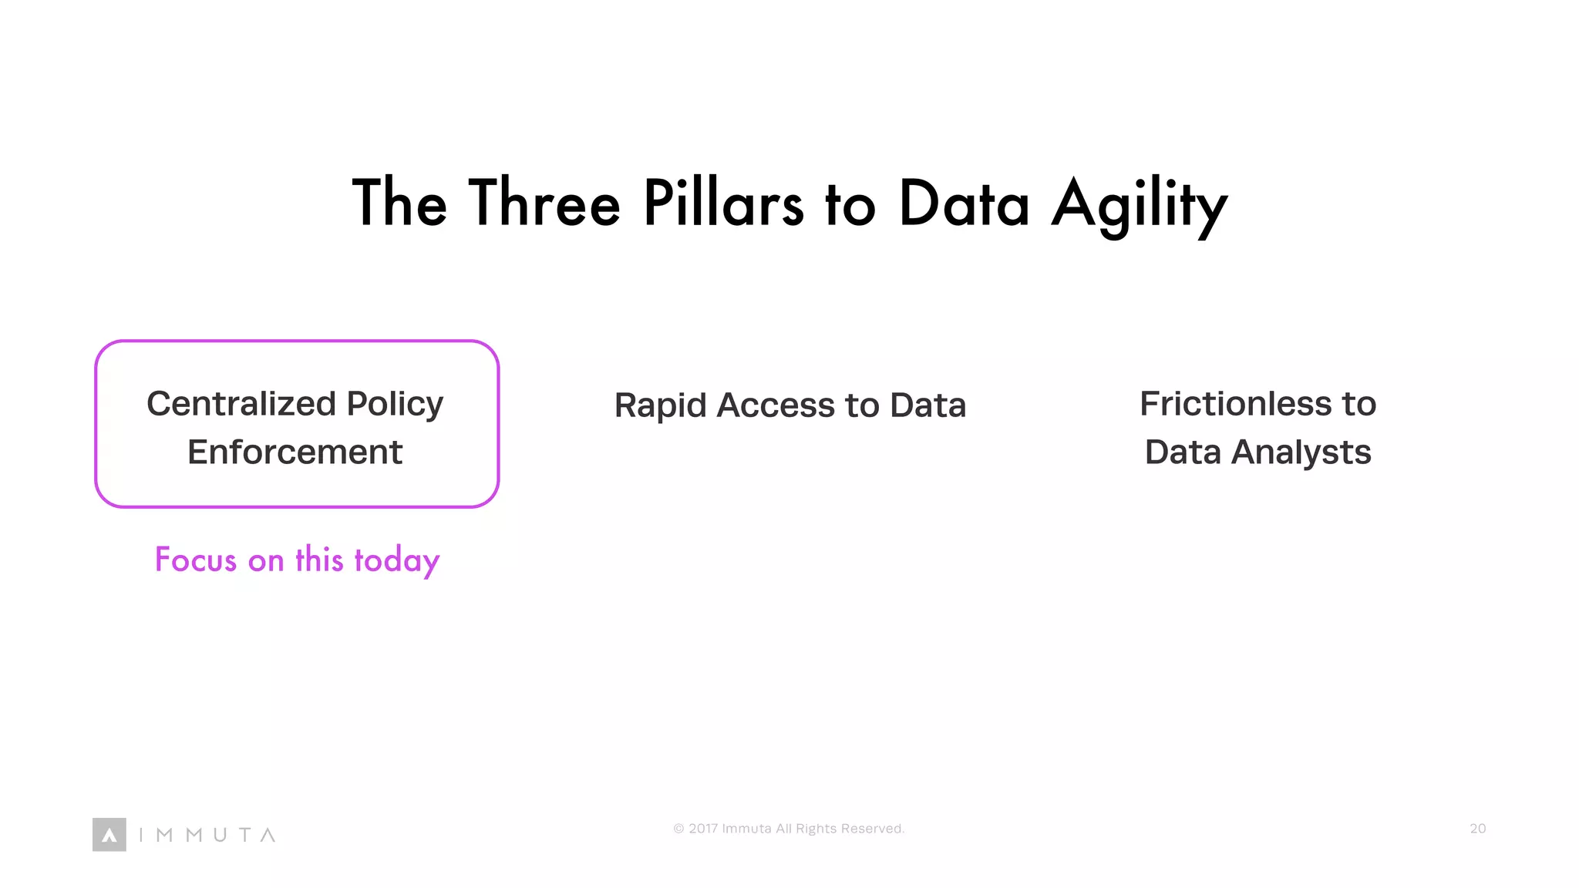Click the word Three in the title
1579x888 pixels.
pyautogui.click(x=544, y=203)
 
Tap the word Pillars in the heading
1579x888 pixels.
pyautogui.click(x=723, y=203)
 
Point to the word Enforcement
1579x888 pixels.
pyautogui.click(x=295, y=452)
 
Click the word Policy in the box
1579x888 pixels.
pyautogui.click(x=395, y=404)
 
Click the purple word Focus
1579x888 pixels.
pyautogui.click(x=196, y=560)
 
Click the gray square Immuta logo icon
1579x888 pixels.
pyautogui.click(x=109, y=835)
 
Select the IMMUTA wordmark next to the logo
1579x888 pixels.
pyautogui.click(x=207, y=835)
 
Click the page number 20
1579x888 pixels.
pyautogui.click(x=1477, y=829)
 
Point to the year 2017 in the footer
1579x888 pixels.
pyautogui.click(x=703, y=829)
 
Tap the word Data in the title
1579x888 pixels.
pyautogui.click(x=964, y=203)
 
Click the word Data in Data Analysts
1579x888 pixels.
pyautogui.click(x=1183, y=452)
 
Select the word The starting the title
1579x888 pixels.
pyautogui.click(x=399, y=203)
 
